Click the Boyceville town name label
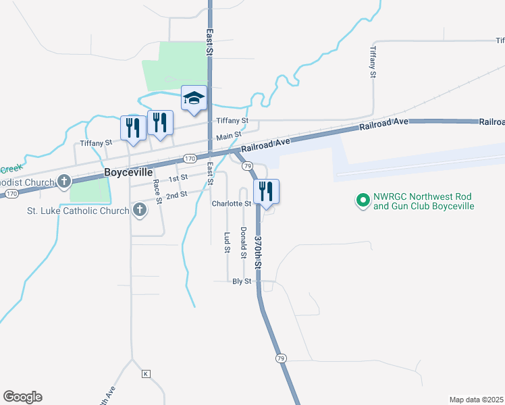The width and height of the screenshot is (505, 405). pyautogui.click(x=128, y=172)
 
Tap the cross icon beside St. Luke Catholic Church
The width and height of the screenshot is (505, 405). pyautogui.click(x=140, y=210)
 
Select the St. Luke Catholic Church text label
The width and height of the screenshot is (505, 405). pyautogui.click(x=78, y=211)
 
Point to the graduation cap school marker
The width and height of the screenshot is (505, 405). pyautogui.click(x=194, y=99)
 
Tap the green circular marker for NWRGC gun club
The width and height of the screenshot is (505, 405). pyautogui.click(x=363, y=200)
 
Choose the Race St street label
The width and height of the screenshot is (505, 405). pyautogui.click(x=157, y=191)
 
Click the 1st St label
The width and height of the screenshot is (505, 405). pyautogui.click(x=178, y=178)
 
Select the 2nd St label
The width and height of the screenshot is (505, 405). pyautogui.click(x=176, y=194)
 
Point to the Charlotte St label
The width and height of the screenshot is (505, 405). pyautogui.click(x=231, y=203)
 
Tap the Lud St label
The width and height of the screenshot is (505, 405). pyautogui.click(x=228, y=242)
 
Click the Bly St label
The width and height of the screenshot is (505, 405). pyautogui.click(x=241, y=281)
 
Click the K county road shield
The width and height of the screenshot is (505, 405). pyautogui.click(x=144, y=373)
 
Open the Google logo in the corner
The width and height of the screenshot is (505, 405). pyautogui.click(x=22, y=397)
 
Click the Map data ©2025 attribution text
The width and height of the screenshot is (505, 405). pyautogui.click(x=476, y=400)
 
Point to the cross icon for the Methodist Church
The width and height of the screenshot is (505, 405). pyautogui.click(x=64, y=181)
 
